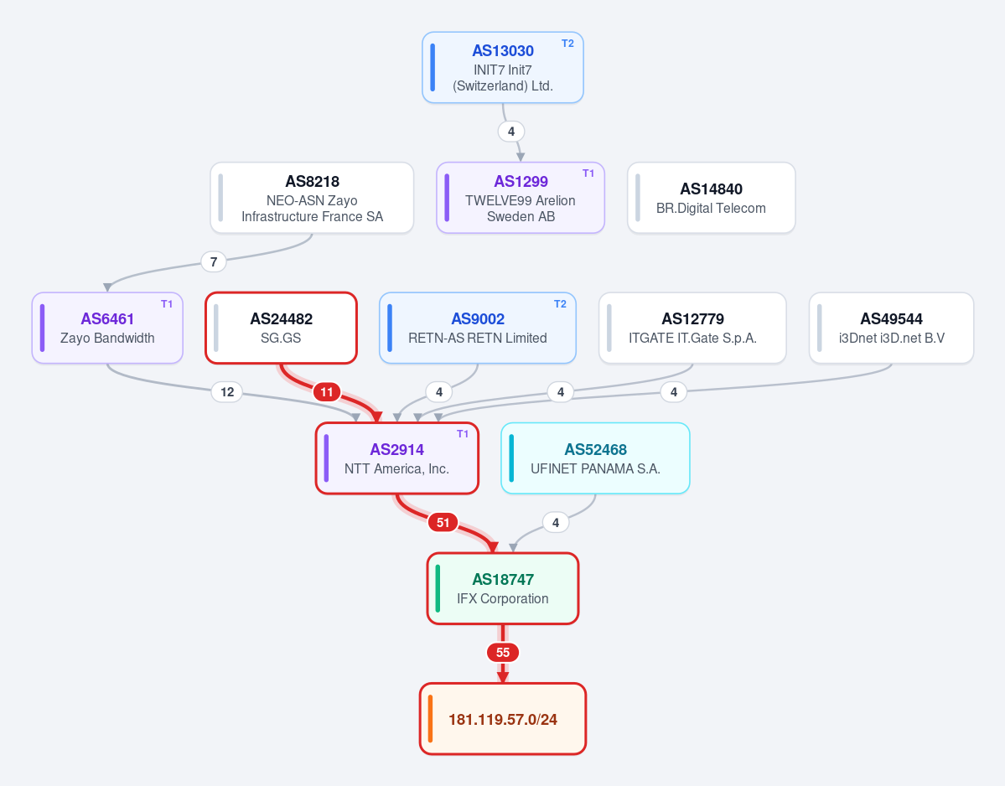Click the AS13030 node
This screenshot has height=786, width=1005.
point(503,67)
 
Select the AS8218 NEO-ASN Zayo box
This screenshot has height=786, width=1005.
point(312,198)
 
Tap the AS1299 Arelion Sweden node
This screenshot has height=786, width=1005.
point(521,198)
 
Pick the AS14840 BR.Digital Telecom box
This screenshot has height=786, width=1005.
point(712,198)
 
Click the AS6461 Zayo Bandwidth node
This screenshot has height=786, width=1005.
point(107,328)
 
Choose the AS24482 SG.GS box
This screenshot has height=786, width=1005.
point(281,328)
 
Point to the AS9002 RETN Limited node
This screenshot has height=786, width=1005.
point(478,328)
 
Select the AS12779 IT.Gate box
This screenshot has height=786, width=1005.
point(692,328)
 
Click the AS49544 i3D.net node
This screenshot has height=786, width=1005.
point(892,328)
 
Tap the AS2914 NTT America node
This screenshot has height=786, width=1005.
point(396,458)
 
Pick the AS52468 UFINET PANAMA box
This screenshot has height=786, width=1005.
point(595,458)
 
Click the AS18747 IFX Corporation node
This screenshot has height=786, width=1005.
point(503,589)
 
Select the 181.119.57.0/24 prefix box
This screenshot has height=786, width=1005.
point(503,719)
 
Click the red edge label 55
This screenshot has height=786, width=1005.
point(503,653)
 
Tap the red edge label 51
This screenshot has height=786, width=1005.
point(443,523)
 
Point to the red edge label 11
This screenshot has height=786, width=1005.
point(327,392)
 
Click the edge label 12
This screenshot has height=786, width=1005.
point(227,392)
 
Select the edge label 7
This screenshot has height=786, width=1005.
point(214,261)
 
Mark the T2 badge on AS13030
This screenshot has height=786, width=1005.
point(567,44)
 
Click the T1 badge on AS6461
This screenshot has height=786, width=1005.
point(167,304)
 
